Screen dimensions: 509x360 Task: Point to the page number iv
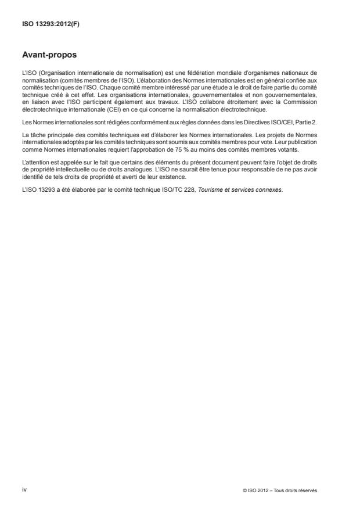click(24, 490)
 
